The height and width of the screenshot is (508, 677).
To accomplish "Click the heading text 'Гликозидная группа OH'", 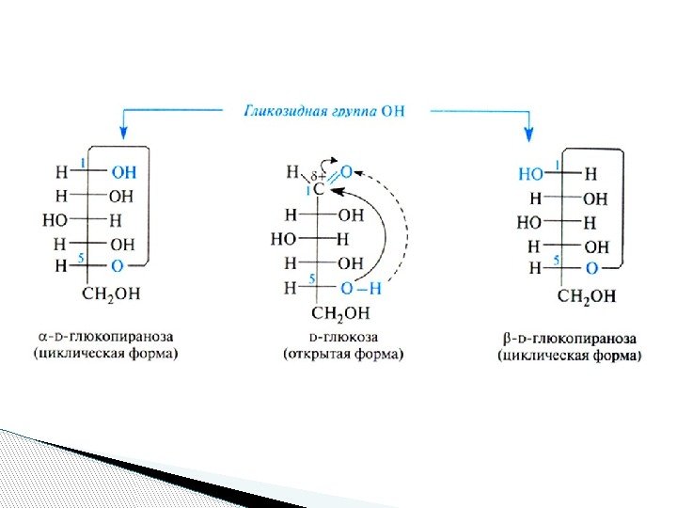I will coord(325,110).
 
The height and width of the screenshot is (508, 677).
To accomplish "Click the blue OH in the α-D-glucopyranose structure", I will coord(122,172).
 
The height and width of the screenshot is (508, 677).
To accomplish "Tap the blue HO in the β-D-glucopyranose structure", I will coord(530,174).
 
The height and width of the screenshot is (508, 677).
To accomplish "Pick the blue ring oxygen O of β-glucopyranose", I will coord(590,268).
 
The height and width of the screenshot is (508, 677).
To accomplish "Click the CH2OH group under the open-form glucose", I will coord(340,312).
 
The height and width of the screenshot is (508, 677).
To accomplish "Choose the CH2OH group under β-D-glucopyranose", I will coord(587,296).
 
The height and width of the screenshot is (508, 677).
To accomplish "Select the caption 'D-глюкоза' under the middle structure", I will coord(343,337).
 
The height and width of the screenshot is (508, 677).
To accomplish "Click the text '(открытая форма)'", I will coord(343,355).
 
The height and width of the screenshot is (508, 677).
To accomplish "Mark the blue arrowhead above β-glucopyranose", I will coord(529,133).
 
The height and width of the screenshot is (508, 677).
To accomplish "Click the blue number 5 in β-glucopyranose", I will coord(557,259).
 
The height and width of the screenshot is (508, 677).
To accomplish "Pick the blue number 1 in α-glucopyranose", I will coord(83,163).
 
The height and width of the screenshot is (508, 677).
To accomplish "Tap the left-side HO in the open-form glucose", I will coord(283,239).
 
